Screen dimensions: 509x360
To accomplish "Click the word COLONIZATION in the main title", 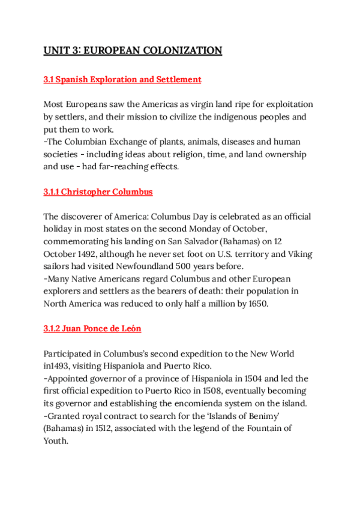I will pyautogui.click(x=181, y=50).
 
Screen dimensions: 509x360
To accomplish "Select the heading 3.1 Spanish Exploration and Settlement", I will pyautogui.click(x=122, y=79).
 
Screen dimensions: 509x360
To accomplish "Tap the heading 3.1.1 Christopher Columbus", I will pyautogui.click(x=98, y=192).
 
